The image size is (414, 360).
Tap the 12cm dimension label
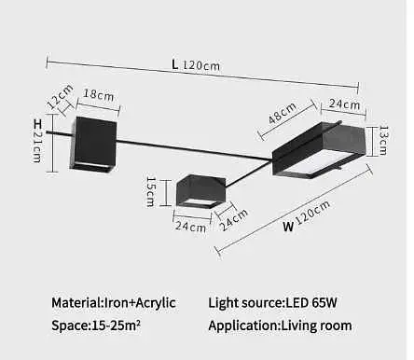tap(61, 97)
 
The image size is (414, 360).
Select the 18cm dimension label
tap(98, 94)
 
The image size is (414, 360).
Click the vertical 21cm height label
tap(38, 146)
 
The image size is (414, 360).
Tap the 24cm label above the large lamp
tap(337, 104)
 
